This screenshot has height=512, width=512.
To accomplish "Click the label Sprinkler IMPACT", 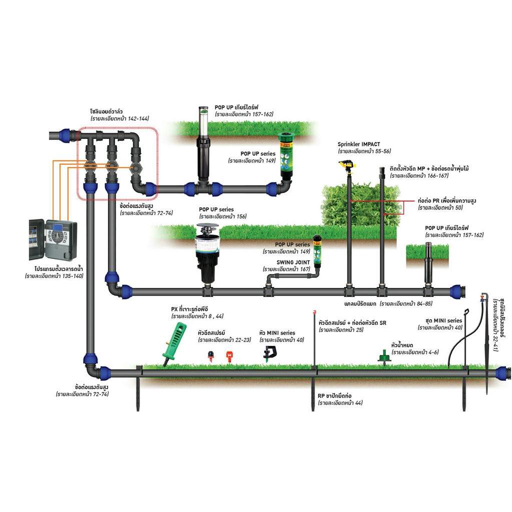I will tap(358, 144).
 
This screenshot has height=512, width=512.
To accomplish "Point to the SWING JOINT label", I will tap(293, 262).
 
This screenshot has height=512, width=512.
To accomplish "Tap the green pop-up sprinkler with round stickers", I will tap(286, 154).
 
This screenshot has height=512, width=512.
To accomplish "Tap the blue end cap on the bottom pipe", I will tap(503, 373).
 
